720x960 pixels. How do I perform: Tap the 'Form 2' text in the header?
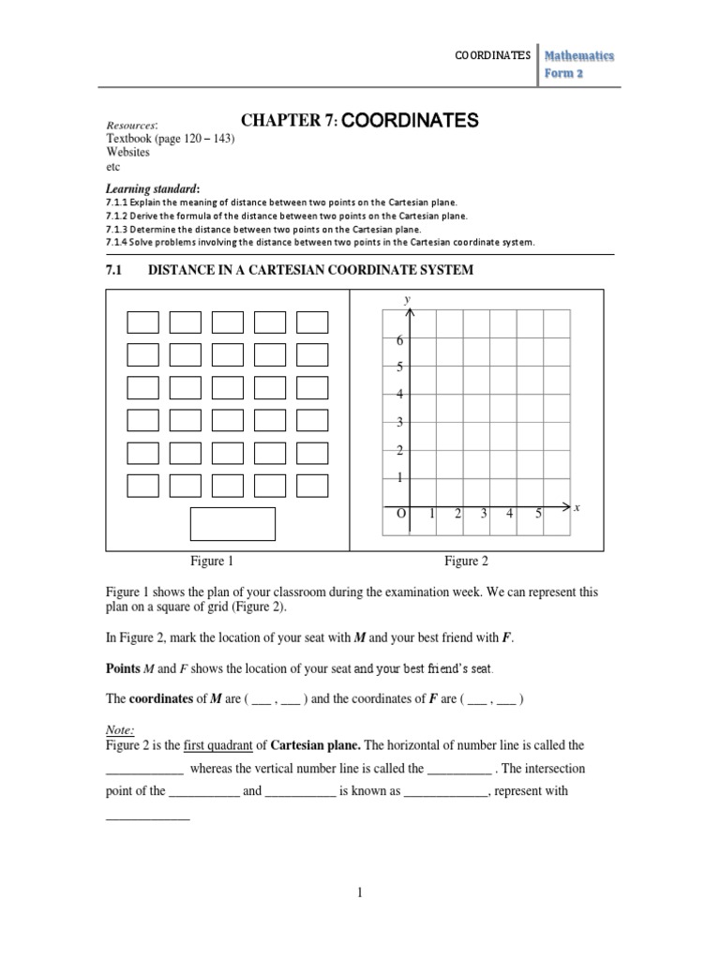pyautogui.click(x=565, y=74)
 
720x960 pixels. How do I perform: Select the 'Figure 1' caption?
pyautogui.click(x=213, y=562)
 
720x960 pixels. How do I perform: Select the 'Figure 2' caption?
pyautogui.click(x=466, y=562)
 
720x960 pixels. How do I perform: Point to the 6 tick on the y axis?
pyautogui.click(x=398, y=340)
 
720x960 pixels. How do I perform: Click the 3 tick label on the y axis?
pyautogui.click(x=398, y=423)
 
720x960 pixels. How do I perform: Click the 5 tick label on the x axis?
pyautogui.click(x=538, y=514)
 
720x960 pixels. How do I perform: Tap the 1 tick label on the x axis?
pyautogui.click(x=431, y=514)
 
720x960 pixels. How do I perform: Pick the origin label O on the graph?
pyautogui.click(x=399, y=514)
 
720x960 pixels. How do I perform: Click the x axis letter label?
pyautogui.click(x=577, y=507)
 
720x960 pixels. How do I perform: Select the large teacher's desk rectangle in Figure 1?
pyautogui.click(x=232, y=524)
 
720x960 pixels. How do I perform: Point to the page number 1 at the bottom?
pyautogui.click(x=359, y=893)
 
